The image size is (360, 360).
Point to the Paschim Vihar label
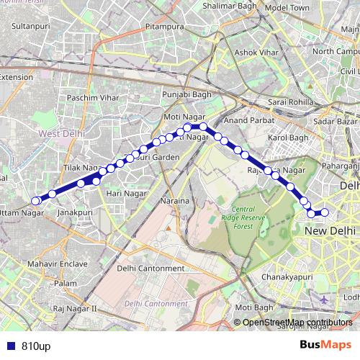click(x=87, y=96)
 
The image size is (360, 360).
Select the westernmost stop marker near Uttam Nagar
click(x=35, y=201)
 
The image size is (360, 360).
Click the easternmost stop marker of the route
click(x=324, y=212)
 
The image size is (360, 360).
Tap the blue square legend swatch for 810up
click(x=11, y=345)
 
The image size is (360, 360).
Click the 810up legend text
click(x=35, y=345)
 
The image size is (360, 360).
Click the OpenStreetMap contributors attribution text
click(x=297, y=322)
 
